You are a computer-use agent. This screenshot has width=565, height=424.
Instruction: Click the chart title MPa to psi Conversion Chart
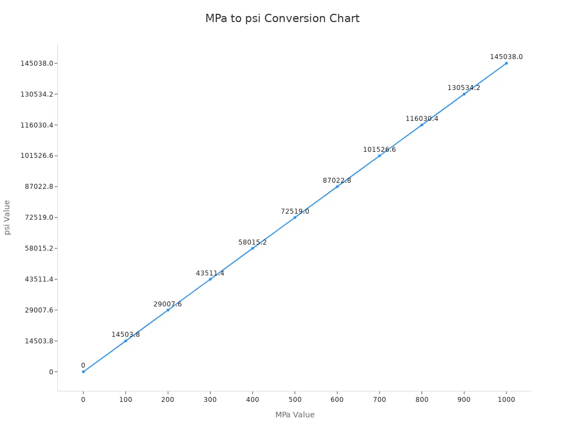tap(282, 19)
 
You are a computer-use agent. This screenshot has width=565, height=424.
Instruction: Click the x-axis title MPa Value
tap(295, 415)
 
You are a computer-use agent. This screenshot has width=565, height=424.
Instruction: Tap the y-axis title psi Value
tap(8, 217)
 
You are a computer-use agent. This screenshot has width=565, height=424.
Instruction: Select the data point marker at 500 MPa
tap(295, 218)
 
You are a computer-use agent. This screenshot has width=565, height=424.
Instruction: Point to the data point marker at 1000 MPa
tap(506, 63)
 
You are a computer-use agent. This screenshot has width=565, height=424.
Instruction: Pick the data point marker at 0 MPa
tap(83, 372)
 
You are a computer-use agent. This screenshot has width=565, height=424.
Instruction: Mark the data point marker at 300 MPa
tap(210, 279)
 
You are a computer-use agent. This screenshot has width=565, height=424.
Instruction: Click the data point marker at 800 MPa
tap(422, 125)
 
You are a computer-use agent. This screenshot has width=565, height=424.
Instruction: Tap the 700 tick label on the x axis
tap(379, 400)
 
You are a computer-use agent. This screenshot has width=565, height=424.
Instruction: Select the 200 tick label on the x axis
tap(168, 400)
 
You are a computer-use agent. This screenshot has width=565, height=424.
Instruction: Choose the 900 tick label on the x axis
tap(463, 400)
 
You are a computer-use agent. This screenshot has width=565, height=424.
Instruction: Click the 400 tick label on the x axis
tap(252, 400)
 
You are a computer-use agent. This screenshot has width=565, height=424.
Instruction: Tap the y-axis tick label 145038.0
tap(37, 63)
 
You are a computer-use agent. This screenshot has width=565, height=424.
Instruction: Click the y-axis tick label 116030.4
tap(37, 125)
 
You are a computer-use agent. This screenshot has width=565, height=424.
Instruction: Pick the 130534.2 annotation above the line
tap(463, 88)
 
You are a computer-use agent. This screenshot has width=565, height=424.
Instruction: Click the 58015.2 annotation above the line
tap(252, 242)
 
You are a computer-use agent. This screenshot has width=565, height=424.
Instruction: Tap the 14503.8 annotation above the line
tap(125, 335)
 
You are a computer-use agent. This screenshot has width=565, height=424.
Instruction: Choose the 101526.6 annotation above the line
tap(379, 150)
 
